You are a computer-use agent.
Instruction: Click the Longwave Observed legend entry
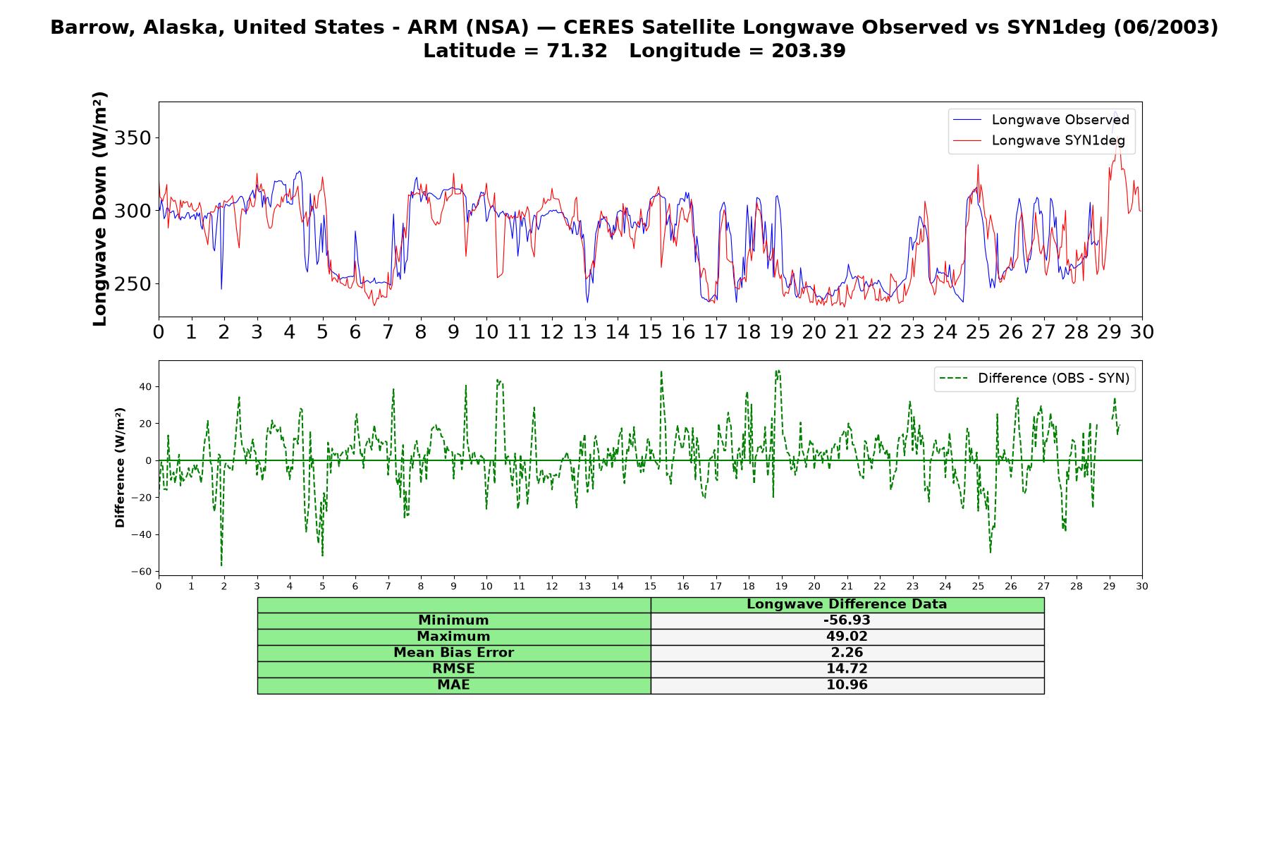[x=1041, y=120]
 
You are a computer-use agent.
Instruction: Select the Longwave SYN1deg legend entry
[x=1038, y=140]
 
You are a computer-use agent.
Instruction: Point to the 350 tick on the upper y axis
[x=133, y=138]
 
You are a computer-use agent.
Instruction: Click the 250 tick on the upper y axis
[x=133, y=284]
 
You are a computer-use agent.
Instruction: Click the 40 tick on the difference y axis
[x=145, y=386]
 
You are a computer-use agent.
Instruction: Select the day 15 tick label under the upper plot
[x=650, y=331]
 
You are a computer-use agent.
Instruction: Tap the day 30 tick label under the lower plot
[x=1142, y=586]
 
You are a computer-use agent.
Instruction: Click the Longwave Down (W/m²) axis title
[x=100, y=209]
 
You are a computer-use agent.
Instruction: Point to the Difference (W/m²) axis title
[x=120, y=467]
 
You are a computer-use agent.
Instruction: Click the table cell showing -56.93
[x=847, y=620]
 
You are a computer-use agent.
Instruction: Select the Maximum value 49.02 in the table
[x=847, y=637]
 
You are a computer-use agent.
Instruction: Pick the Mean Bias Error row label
[x=453, y=653]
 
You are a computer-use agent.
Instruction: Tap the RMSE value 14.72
[x=847, y=669]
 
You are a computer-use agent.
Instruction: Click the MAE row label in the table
[x=453, y=685]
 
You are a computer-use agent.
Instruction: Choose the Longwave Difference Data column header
[x=847, y=604]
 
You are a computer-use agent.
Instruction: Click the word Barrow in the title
[x=81, y=27]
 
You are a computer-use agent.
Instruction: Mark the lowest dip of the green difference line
[x=221, y=565]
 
